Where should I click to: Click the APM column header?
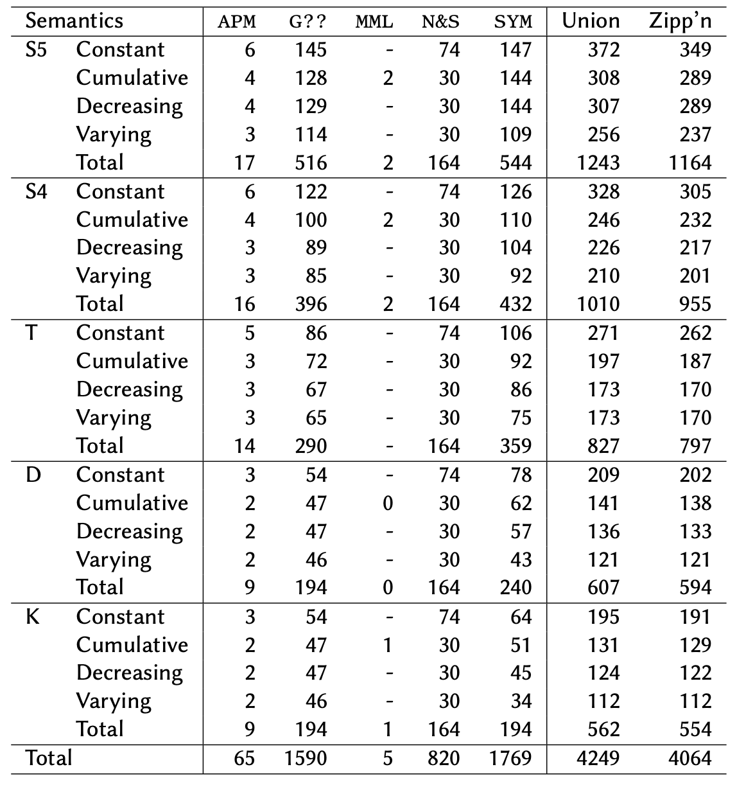[x=237, y=22]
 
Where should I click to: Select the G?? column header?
[x=308, y=22]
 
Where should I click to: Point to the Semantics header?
[x=74, y=21]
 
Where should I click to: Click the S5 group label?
[x=37, y=49]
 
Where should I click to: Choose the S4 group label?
[x=37, y=191]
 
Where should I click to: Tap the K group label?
[x=33, y=617]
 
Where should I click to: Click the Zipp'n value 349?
[x=695, y=49]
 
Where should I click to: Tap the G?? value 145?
[x=311, y=49]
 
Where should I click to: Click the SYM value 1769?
[x=510, y=759]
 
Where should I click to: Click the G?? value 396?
[x=311, y=304]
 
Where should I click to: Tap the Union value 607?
[x=603, y=587]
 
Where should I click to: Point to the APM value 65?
[x=244, y=759]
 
